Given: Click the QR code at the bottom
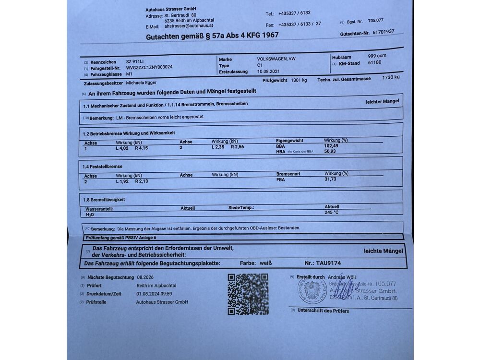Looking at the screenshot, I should coord(248,294).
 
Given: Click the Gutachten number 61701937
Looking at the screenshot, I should coord(381,32).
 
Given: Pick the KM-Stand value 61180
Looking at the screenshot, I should coord(374,62).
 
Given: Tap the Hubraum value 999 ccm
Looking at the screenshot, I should coord(377,56).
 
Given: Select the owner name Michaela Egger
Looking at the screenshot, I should coord(147,83).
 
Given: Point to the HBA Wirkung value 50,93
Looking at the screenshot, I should coord(330,151).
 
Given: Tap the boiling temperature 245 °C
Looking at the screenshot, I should coord(332,212).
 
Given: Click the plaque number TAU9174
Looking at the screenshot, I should coord(329,263).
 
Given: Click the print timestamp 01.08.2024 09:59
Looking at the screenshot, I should coord(154,294).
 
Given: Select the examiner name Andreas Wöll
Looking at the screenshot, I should coord(342,277).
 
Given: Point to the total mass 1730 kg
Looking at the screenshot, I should coord(391,77).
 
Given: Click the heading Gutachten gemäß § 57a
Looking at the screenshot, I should coord(212,36).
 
